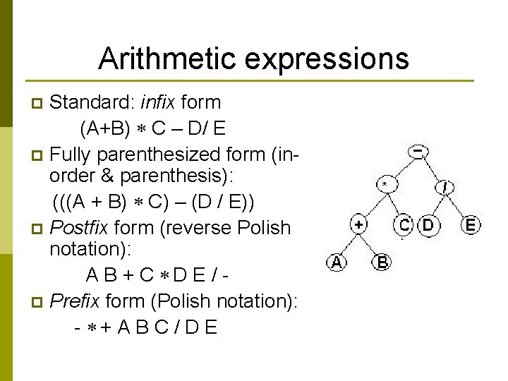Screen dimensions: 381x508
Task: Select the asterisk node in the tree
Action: pyautogui.click(x=385, y=185)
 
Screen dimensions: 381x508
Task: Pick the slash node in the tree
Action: pyautogui.click(x=446, y=188)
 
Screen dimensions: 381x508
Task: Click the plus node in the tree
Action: pyautogui.click(x=359, y=225)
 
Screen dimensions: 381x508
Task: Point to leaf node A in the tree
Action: pyautogui.click(x=337, y=262)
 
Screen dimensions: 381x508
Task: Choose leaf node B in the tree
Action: pyautogui.click(x=382, y=263)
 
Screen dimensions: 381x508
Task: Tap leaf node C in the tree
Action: pyautogui.click(x=404, y=225)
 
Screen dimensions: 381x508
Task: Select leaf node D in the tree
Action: pyautogui.click(x=428, y=225)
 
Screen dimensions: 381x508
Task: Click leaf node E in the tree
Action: pyautogui.click(x=471, y=226)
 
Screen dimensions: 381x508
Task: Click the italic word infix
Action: pyautogui.click(x=158, y=103)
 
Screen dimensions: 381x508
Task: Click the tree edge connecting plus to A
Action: pyautogui.click(x=348, y=244)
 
